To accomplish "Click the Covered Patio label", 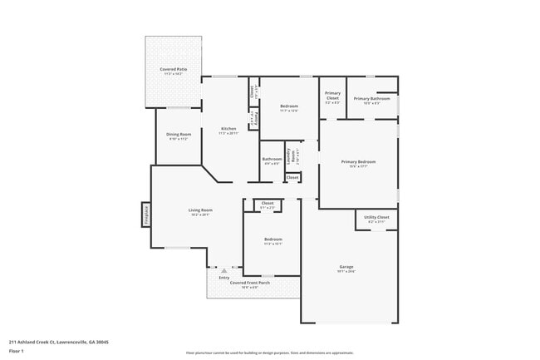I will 173,69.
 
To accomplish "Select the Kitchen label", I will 228,129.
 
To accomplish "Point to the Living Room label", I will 200,210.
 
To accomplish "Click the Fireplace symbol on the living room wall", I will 145,215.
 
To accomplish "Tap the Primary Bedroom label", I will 358,161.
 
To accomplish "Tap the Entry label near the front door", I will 223,278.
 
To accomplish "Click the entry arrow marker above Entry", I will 223,271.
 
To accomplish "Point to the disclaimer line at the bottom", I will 269,353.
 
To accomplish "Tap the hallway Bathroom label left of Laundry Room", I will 272,159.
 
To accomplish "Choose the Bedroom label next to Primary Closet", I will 289,106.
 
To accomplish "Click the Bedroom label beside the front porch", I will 273,239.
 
